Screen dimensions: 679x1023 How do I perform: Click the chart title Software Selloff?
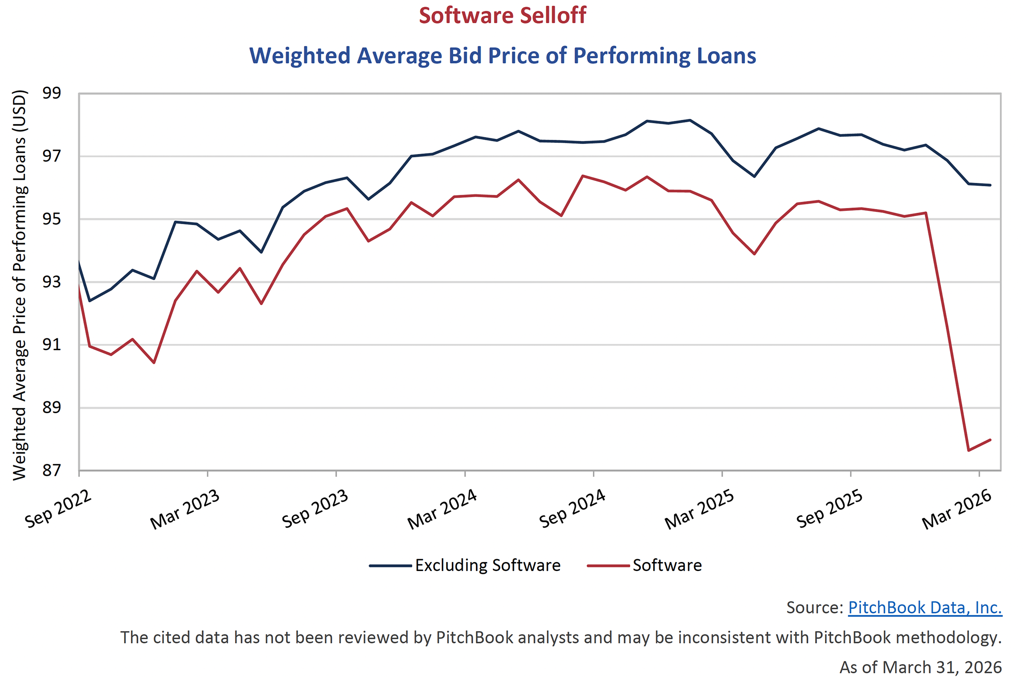click(x=503, y=16)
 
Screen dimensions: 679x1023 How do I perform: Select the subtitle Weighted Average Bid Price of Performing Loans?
click(x=503, y=56)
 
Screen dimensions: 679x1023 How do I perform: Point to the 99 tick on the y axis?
click(x=52, y=93)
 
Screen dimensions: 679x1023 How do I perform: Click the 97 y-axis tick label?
click(x=52, y=156)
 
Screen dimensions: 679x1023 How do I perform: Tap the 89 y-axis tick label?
click(x=52, y=407)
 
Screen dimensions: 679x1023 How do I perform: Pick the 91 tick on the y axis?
click(x=52, y=344)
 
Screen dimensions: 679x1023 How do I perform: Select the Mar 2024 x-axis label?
click(x=442, y=509)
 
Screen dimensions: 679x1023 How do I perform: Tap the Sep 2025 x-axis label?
click(x=830, y=509)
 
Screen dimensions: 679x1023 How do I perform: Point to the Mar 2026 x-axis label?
click(x=957, y=509)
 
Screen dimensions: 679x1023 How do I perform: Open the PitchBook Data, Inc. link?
click(x=924, y=607)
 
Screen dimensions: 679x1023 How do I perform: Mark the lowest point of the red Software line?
click(x=969, y=450)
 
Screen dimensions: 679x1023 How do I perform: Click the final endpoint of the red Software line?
click(x=990, y=440)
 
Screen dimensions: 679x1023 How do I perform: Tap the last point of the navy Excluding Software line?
click(x=990, y=185)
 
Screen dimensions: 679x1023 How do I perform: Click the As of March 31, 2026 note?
click(x=920, y=667)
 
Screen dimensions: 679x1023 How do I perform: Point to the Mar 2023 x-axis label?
click(x=185, y=509)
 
